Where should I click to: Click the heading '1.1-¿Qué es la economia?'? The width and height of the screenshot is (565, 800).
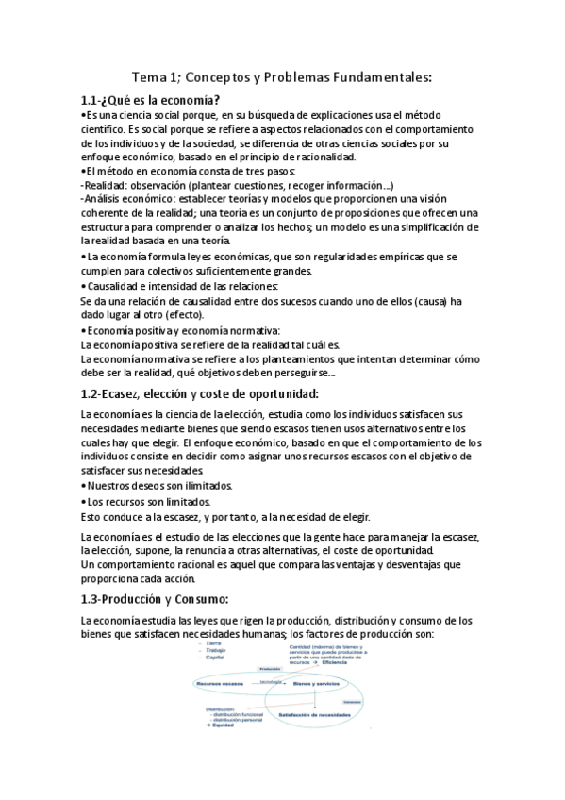[151, 100]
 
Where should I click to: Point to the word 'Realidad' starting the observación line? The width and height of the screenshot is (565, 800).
[109, 185]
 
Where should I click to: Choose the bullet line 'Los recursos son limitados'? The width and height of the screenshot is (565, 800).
[150, 501]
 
